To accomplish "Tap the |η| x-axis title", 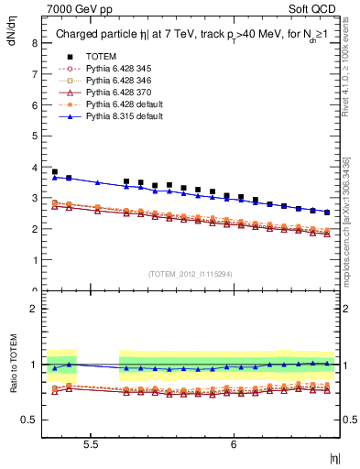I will tap(334, 457).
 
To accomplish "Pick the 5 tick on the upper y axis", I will tap(33, 136).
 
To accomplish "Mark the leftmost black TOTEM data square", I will tap(54, 171).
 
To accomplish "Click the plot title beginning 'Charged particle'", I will tap(190, 35).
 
